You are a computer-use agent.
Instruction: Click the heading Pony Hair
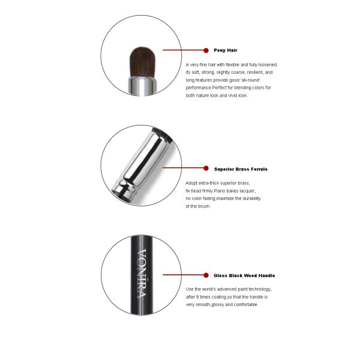[x=226, y=50]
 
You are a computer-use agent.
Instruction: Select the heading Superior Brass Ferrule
[x=241, y=169]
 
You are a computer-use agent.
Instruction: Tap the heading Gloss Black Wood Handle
[x=244, y=275]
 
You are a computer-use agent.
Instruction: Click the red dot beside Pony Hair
[x=206, y=50]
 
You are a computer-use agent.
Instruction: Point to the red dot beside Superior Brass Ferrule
[x=206, y=168]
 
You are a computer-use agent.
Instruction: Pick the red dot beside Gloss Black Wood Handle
[x=206, y=275]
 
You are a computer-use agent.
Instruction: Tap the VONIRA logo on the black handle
[x=142, y=273]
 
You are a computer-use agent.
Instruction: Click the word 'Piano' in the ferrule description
[x=220, y=191]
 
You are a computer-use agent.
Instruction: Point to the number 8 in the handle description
[x=197, y=297]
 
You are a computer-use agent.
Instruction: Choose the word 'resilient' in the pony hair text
[x=255, y=73]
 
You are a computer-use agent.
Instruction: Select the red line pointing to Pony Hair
[x=183, y=50]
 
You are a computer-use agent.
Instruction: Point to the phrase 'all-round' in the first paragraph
[x=250, y=80]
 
